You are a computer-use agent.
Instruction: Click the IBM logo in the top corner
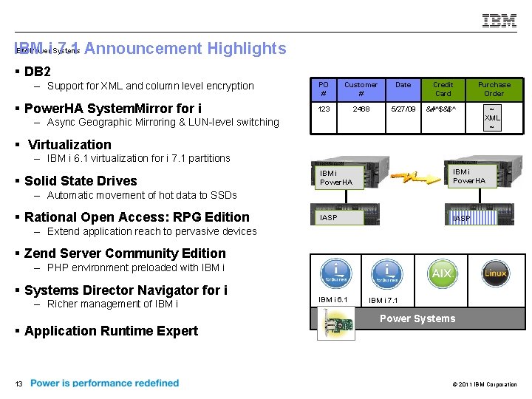click(x=499, y=21)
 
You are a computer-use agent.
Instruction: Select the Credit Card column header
click(x=443, y=89)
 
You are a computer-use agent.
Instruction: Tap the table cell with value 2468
click(x=361, y=109)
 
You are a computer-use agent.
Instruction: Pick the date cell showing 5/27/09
click(x=403, y=109)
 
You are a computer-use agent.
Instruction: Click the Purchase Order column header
click(x=494, y=89)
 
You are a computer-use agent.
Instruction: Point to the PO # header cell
click(x=324, y=89)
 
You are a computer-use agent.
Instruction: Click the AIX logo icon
click(x=441, y=273)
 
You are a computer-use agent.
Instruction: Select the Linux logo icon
click(x=495, y=273)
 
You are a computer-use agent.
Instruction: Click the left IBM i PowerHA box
click(x=337, y=177)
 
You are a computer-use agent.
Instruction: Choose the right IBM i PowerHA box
click(x=469, y=177)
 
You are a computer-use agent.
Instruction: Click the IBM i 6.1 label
click(x=332, y=299)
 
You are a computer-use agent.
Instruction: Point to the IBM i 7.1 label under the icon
click(x=383, y=300)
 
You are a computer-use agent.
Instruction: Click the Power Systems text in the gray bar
click(x=417, y=318)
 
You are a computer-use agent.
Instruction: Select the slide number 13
click(x=18, y=383)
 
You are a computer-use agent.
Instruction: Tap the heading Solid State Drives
click(x=81, y=181)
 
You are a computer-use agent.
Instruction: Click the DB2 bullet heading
click(x=37, y=72)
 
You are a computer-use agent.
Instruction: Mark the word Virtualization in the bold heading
click(x=69, y=145)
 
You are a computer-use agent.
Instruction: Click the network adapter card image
click(x=335, y=324)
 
